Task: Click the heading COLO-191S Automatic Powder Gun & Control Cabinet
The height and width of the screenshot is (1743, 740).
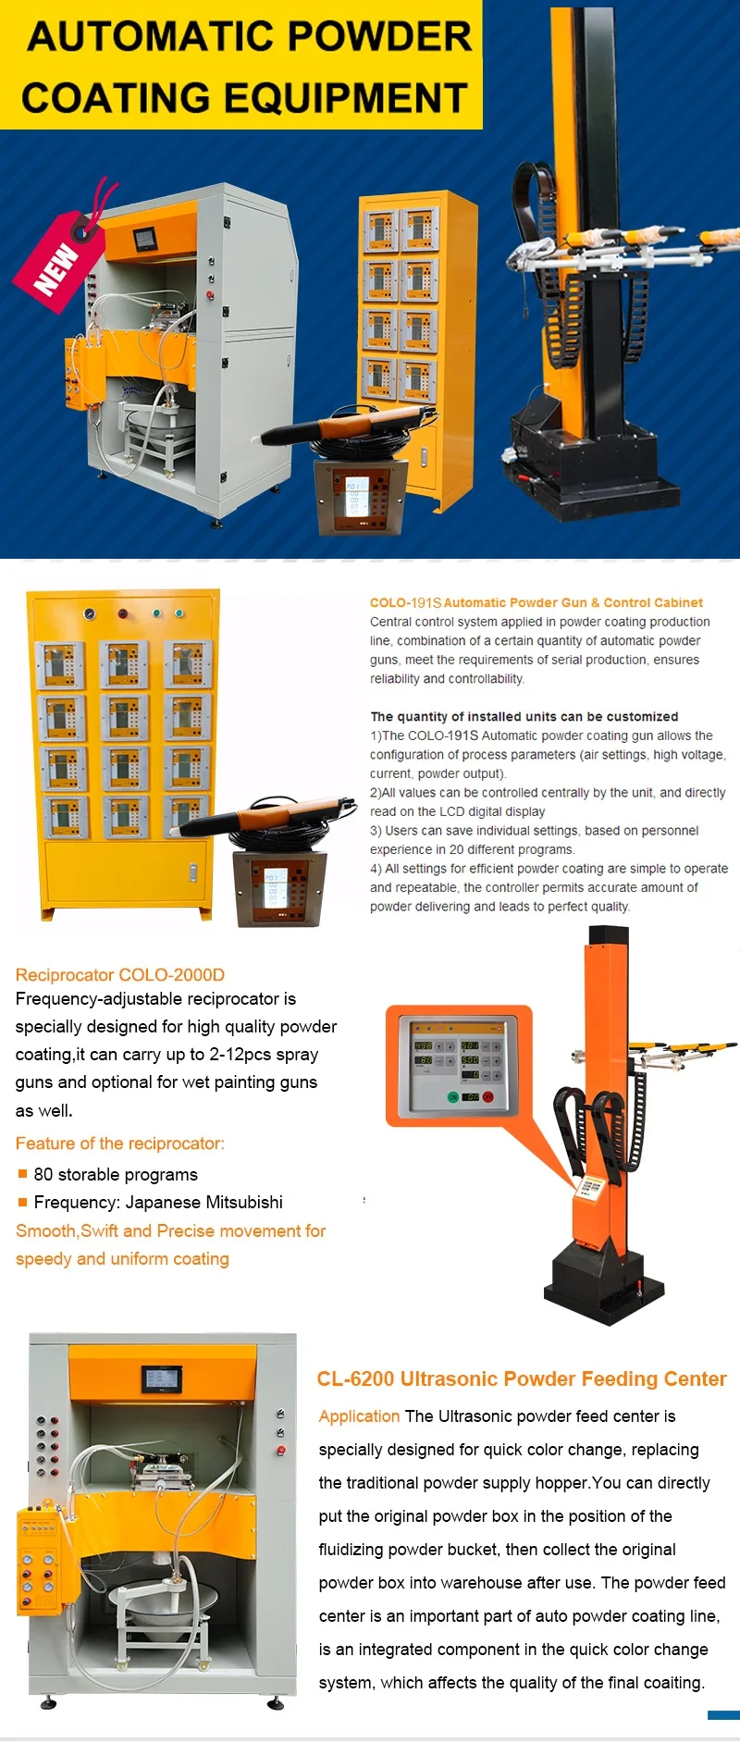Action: [x=536, y=602]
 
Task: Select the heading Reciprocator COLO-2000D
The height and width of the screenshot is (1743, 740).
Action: [x=120, y=974]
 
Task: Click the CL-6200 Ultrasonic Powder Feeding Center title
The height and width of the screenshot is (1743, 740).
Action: [x=521, y=1378]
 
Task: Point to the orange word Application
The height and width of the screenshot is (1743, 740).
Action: [x=359, y=1416]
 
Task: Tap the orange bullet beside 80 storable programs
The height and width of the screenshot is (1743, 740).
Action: [x=23, y=1174]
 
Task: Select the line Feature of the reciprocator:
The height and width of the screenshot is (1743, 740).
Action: [x=120, y=1143]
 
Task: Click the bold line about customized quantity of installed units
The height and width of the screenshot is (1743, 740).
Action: [x=524, y=716]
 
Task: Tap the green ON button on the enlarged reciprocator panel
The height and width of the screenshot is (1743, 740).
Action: [x=453, y=1096]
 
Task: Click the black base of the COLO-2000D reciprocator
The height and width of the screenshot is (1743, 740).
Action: [x=606, y=1286]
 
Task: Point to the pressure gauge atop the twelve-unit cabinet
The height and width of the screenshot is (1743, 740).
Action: [x=89, y=613]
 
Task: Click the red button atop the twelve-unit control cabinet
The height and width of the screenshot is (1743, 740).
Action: [x=123, y=613]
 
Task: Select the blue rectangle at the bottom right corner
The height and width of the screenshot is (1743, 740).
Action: [x=723, y=1715]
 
